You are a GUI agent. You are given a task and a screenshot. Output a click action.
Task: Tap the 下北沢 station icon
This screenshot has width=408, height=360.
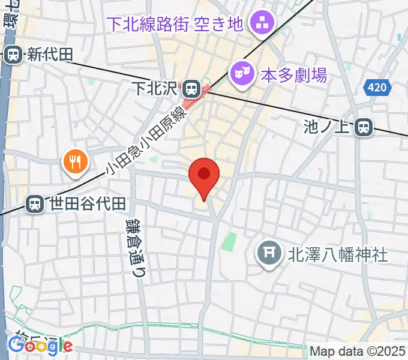coord(191,89)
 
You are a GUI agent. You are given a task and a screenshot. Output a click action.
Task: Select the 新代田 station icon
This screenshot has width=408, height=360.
coord(13,55)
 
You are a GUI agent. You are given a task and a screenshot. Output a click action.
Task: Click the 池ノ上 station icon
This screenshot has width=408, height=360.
coord(362,127)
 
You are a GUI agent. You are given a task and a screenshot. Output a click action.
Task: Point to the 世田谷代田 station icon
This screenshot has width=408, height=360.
coord(36,204)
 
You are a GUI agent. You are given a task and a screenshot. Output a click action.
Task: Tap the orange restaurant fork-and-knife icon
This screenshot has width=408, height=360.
coord(75,161)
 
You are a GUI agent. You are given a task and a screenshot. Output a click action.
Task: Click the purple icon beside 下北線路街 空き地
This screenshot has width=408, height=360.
coord(261,24)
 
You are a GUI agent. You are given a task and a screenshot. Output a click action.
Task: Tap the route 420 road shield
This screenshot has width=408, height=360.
coord(377,88)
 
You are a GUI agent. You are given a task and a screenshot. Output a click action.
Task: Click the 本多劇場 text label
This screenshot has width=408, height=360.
coord(294,76)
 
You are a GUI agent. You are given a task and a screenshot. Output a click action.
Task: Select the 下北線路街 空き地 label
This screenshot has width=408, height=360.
coord(175,25)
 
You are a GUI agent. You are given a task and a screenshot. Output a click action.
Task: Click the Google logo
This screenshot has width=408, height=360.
coord(40,345)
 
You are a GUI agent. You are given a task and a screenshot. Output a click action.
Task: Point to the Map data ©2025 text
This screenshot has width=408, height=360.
coord(358,351)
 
